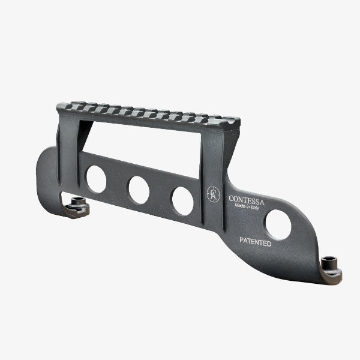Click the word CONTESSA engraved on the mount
tap(247, 200)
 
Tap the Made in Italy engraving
tap(247, 206)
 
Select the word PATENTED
tap(256, 242)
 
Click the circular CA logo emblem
tap(213, 194)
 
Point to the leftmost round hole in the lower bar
tap(96, 179)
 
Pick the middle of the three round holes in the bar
tap(139, 190)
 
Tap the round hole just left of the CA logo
tap(183, 201)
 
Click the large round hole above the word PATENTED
tap(278, 225)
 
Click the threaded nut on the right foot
tap(329, 262)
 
